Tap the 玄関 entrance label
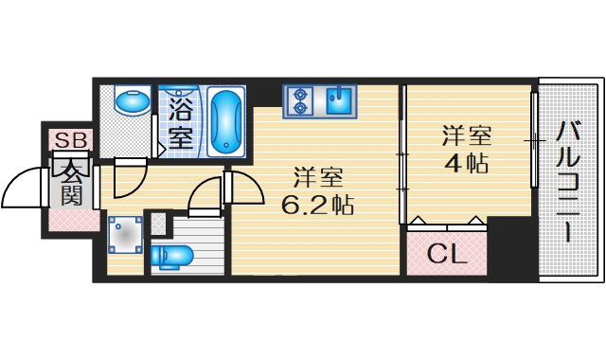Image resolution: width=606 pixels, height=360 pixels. [x=72, y=183]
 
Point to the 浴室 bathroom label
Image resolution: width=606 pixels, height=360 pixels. [x=180, y=121]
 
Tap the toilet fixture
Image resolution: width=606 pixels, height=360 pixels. [x=174, y=255]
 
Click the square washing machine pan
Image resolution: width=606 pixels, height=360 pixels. [x=124, y=237]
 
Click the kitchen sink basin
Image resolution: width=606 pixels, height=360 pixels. [x=338, y=99]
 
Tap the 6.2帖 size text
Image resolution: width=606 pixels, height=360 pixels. [x=316, y=205]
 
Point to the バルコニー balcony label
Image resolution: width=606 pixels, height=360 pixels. [x=569, y=180]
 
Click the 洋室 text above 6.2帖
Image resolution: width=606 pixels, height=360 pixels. [x=317, y=177]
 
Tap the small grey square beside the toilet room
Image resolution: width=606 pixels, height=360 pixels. [x=157, y=225]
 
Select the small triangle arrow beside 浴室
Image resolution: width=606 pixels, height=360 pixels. [x=161, y=148]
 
